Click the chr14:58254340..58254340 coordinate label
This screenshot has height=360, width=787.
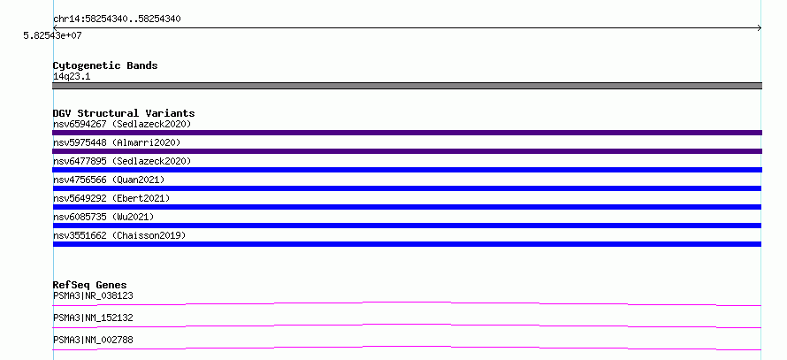117,19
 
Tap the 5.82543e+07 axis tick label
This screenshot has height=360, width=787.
53,36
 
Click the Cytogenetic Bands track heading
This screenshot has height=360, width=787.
105,65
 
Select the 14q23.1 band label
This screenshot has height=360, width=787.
72,77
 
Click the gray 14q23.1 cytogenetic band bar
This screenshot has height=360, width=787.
407,86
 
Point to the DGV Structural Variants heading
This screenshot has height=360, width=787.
124,113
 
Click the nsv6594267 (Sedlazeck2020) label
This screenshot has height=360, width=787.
122,124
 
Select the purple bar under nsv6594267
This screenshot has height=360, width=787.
407,133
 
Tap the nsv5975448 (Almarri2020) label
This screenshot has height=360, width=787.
117,142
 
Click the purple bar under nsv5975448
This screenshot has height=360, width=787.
407,151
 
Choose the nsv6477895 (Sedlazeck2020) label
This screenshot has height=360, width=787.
122,161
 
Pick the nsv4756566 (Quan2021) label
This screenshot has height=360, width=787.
109,180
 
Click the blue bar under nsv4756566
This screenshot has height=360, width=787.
407,188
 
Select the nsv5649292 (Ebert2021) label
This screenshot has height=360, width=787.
111,198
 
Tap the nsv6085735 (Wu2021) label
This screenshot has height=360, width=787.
103,217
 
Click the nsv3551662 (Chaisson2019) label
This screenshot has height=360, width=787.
119,235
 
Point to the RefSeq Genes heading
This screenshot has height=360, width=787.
90,285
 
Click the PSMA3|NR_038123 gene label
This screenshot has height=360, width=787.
93,296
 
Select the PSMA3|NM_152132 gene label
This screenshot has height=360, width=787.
93,318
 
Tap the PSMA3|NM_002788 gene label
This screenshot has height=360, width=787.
93,341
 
